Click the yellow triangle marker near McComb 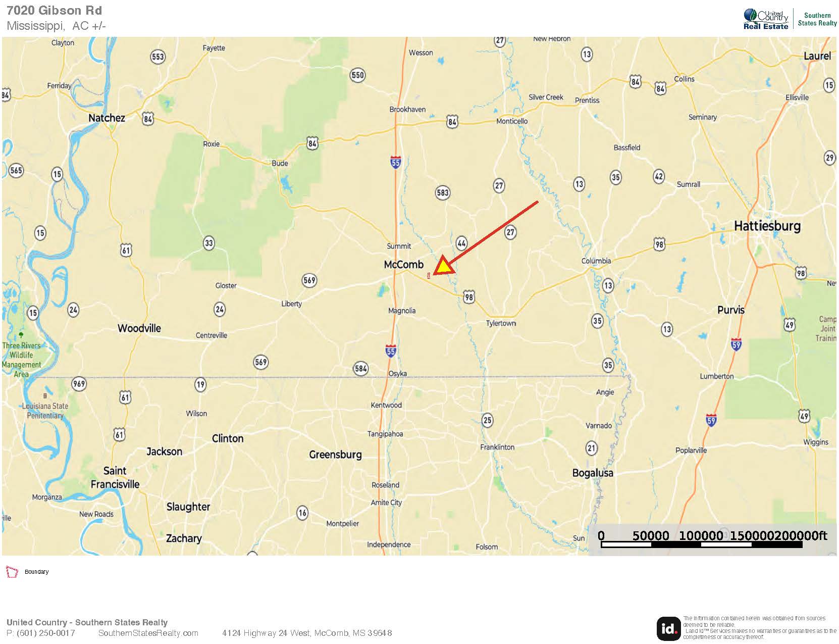443,266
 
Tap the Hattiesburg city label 767,226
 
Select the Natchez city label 107,118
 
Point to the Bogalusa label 593,473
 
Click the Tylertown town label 501,323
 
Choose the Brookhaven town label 407,110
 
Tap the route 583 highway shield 442,192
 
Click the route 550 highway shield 357,75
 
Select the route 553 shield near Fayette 158,57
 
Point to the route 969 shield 79,384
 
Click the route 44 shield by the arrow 461,243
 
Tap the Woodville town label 139,328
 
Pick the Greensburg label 335,455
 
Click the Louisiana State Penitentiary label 45,411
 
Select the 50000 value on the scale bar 651,535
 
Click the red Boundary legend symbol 12,572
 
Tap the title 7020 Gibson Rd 54,10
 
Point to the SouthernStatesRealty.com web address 148,633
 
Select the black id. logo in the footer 668,628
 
